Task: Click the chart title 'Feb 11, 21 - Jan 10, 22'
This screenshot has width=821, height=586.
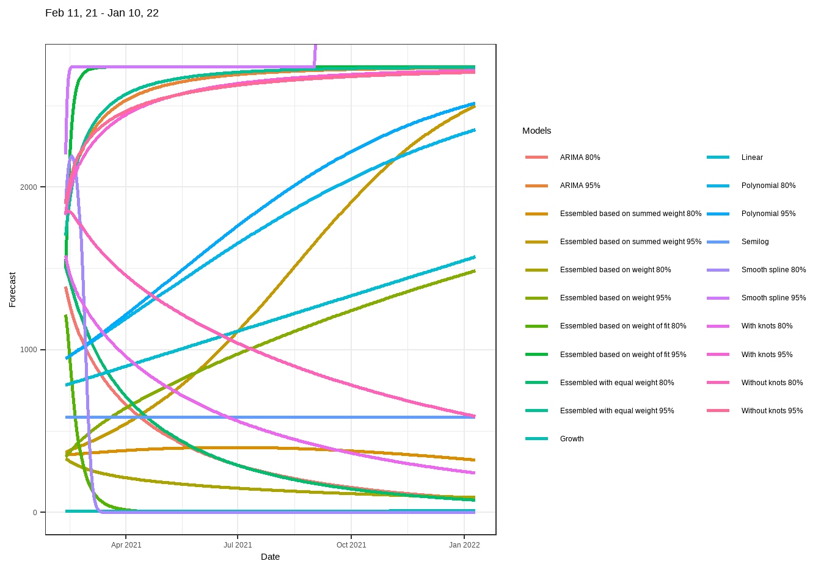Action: pos(102,13)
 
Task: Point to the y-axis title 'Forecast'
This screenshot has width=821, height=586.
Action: pos(12,289)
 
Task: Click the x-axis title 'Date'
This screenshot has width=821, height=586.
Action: pos(270,557)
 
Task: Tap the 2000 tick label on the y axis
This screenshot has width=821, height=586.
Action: pos(29,187)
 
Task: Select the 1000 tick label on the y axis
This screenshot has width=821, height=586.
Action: pos(29,350)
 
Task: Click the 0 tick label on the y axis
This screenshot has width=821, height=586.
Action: pos(35,513)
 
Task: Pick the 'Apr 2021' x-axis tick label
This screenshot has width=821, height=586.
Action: pos(126,545)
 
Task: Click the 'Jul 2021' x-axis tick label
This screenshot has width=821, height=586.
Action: pos(238,545)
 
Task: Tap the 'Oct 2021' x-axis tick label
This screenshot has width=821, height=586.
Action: pos(351,545)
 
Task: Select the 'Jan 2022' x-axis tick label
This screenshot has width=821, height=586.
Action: pos(464,545)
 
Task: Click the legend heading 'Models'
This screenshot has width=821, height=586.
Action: pos(536,131)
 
